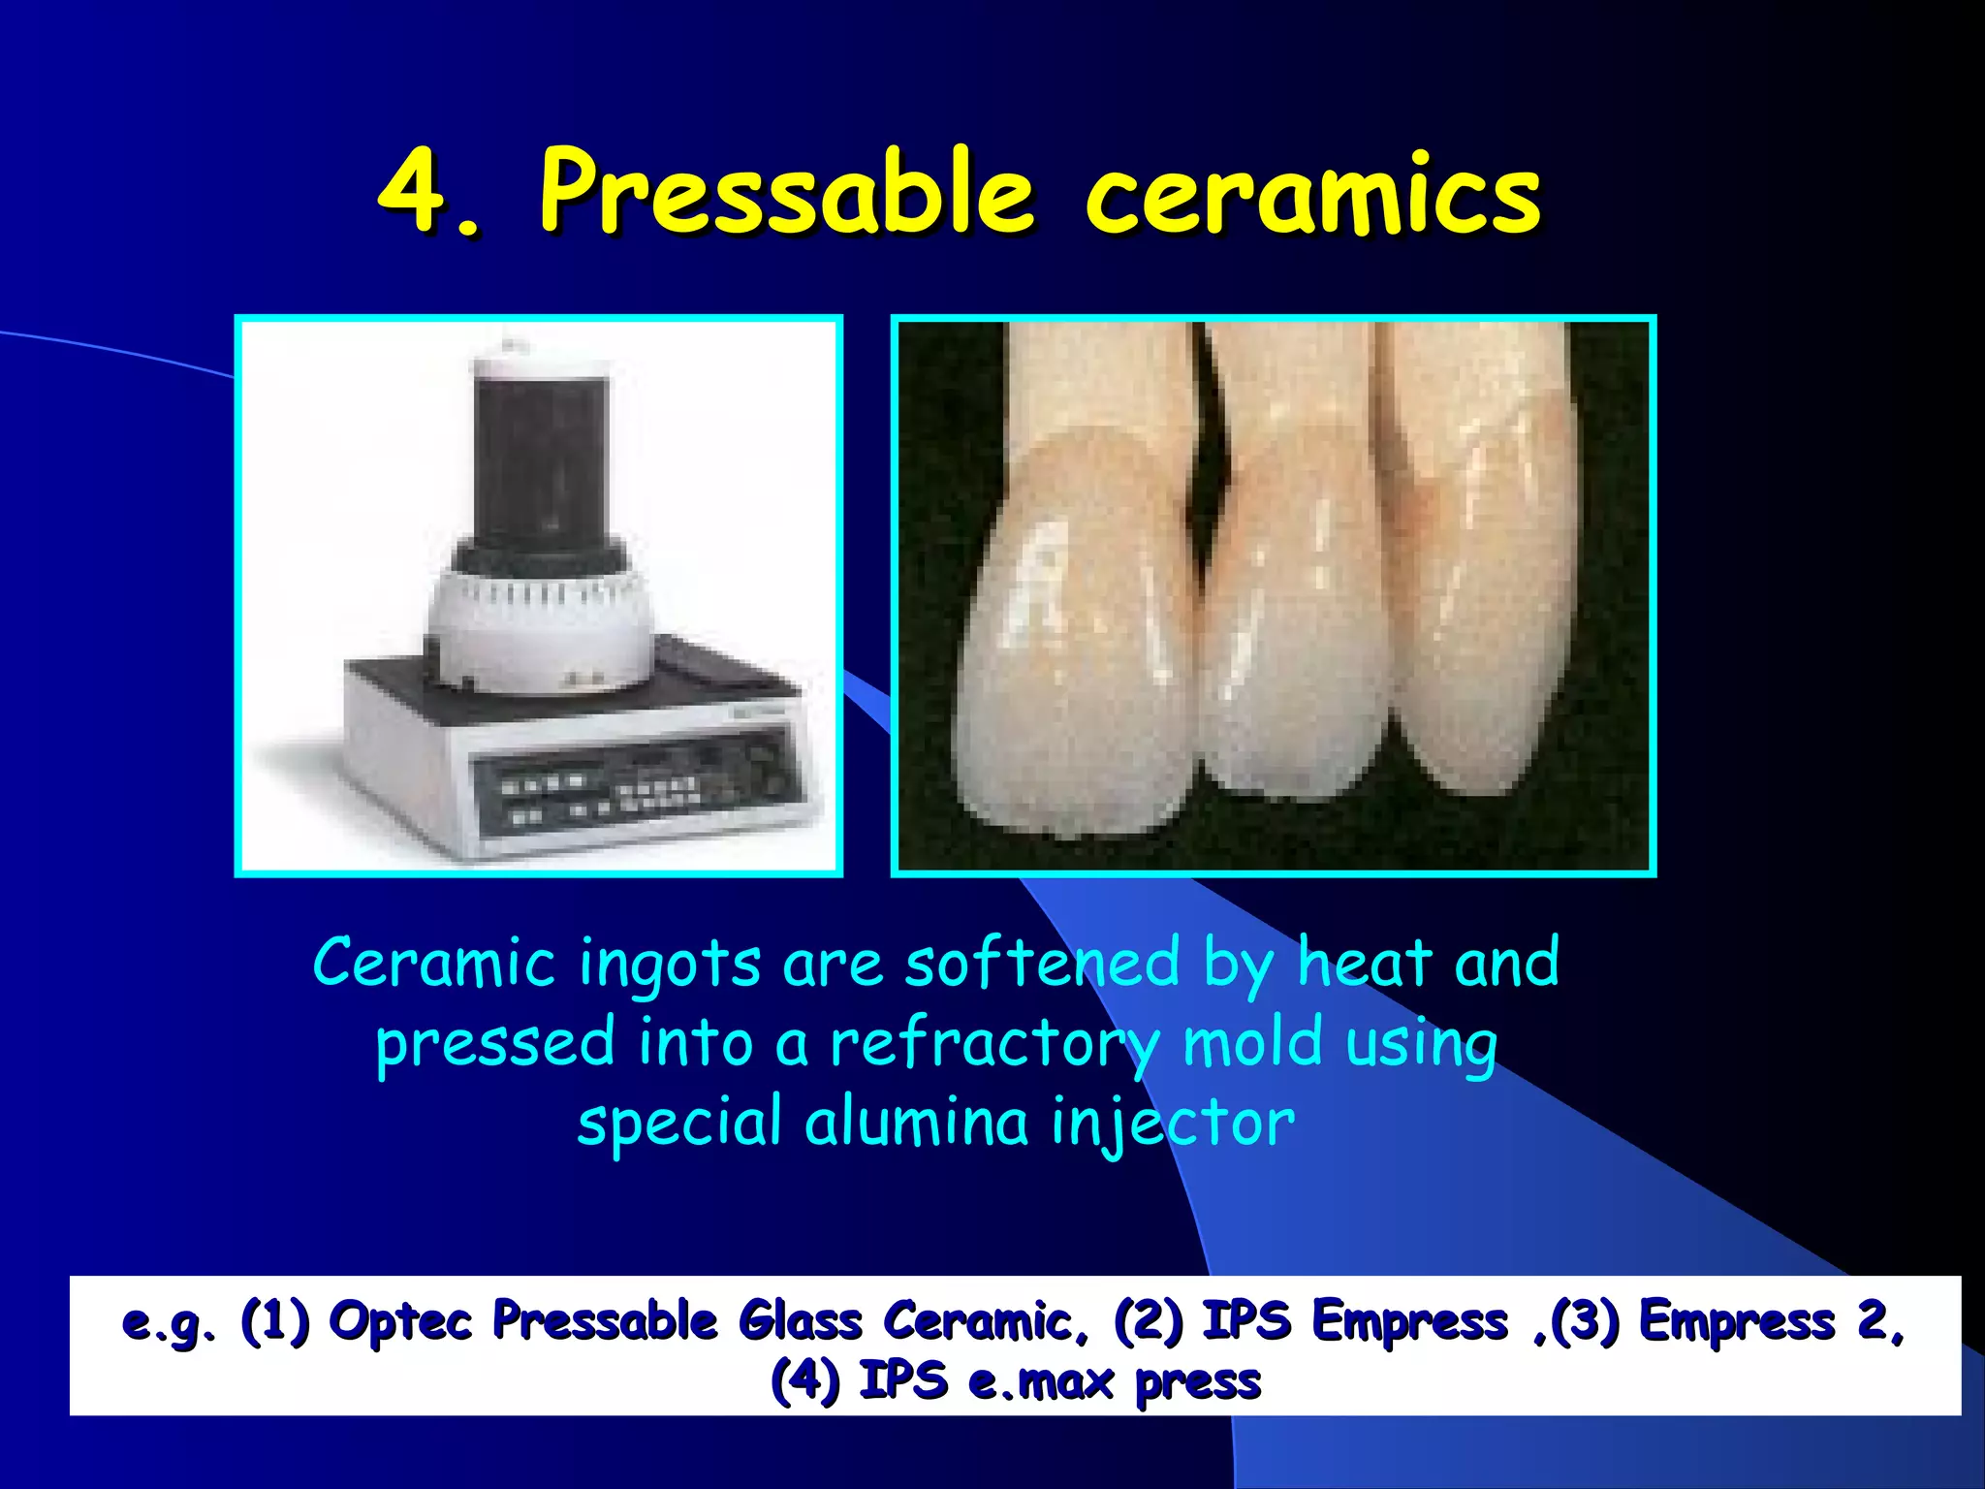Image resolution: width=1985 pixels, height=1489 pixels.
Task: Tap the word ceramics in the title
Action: point(1312,194)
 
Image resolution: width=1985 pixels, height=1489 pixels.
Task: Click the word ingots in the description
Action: point(670,965)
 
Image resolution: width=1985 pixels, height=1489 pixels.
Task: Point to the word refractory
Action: point(993,1045)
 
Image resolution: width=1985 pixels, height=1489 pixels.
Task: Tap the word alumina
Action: point(916,1123)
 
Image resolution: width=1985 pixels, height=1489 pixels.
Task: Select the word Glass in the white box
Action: point(800,1321)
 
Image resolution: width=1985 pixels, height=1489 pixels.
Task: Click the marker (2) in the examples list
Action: point(1149,1321)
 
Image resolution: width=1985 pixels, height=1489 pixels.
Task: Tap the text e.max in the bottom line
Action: point(1042,1381)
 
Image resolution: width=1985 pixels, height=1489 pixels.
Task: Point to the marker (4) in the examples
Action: point(804,1381)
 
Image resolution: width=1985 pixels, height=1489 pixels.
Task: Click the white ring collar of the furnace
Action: point(539,620)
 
